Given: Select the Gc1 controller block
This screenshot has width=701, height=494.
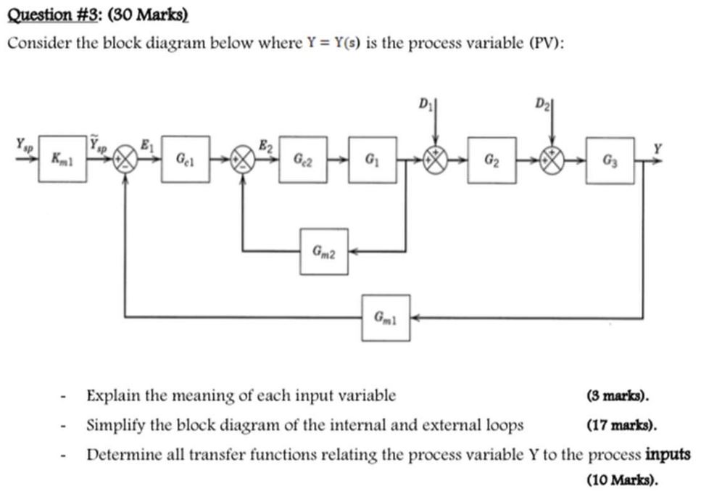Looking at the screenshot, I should [x=185, y=157].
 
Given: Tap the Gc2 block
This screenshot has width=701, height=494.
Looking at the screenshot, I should [x=302, y=157].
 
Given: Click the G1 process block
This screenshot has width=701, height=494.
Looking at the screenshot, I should [x=372, y=157].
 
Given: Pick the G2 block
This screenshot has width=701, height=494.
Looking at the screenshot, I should [x=491, y=159].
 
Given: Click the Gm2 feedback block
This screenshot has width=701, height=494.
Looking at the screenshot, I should [x=323, y=251].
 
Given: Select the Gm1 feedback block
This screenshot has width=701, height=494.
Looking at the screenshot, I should [x=386, y=317].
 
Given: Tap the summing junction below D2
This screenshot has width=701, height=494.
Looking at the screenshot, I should [x=555, y=159].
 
